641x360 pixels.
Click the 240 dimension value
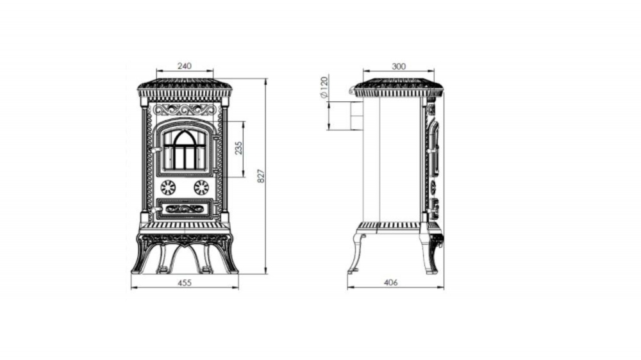click(185, 66)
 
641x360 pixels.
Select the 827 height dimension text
click(262, 176)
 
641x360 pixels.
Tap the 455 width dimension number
click(185, 282)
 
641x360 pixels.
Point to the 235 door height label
click(238, 148)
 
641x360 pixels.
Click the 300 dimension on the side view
click(399, 66)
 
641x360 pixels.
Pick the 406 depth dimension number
click(391, 282)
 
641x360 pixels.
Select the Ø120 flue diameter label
click(324, 87)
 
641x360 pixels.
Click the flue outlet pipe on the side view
click(356, 116)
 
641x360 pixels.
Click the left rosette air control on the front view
click(167, 188)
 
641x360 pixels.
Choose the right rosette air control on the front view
click(201, 188)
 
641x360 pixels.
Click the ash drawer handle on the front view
click(155, 210)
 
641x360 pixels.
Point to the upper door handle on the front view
click(155, 151)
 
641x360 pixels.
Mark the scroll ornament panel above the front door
click(185, 110)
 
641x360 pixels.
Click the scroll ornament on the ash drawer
click(185, 209)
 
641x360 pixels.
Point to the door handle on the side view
click(431, 151)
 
